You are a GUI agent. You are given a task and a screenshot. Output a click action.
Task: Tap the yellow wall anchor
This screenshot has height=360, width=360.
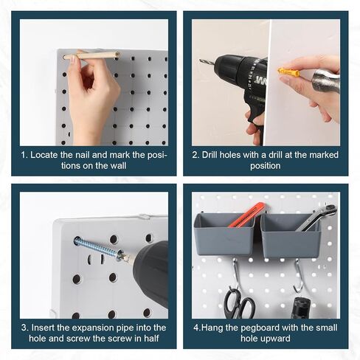point(289,72)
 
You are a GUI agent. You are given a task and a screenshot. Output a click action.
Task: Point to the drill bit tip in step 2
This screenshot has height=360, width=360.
point(200,60)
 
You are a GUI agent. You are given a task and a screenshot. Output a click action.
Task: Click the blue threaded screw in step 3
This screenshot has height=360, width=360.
point(98,248)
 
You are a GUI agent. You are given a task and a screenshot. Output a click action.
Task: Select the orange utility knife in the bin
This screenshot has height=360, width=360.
point(246,214)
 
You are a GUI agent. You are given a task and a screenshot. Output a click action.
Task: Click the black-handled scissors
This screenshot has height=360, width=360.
point(238,304)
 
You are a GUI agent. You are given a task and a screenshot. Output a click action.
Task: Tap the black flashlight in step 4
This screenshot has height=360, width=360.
point(300,308)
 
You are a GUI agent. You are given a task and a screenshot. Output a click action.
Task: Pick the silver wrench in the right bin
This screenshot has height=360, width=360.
point(316,217)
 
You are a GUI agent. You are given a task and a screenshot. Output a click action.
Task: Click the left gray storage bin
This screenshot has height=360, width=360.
point(224,235)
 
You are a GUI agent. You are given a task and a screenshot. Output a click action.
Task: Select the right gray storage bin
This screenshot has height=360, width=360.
point(291,235)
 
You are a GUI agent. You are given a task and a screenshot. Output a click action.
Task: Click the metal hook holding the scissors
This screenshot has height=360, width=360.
point(235,272)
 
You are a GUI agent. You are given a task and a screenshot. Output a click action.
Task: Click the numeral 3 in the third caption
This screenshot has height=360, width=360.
point(24,328)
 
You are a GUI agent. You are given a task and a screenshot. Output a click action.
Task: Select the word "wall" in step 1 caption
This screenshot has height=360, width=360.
point(118,166)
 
